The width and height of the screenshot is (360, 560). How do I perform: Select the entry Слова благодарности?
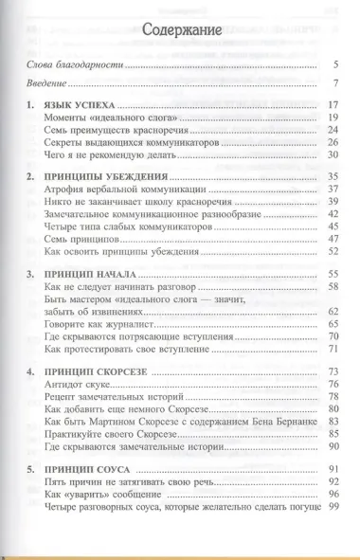coord(76,67)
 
